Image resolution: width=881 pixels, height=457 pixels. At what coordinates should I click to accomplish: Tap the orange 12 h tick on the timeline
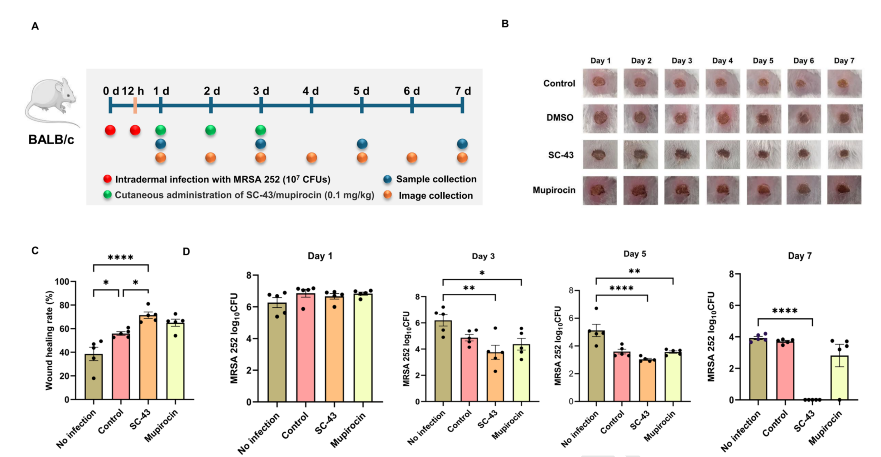coord(135,105)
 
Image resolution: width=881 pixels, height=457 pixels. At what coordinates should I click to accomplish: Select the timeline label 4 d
coord(311,91)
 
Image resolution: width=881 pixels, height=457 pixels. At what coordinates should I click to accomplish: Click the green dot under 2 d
coord(211,130)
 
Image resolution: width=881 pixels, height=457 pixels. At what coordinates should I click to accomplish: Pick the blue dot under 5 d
coord(362,144)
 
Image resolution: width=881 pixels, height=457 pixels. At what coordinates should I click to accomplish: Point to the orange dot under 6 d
coord(412,158)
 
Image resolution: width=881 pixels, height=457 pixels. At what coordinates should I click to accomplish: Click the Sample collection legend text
coord(436,179)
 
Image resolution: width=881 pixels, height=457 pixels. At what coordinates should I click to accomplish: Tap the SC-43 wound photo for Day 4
coord(723,155)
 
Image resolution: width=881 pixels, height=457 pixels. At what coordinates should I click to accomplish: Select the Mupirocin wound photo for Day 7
coord(845,190)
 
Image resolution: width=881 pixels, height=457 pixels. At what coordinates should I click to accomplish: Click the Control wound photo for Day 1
coord(600,83)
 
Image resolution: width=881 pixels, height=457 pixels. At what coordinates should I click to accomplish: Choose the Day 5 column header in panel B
coord(763,60)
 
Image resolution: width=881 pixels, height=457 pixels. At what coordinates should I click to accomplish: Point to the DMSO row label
coord(560,117)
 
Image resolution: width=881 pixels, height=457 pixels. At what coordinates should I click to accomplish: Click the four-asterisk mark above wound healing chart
coord(120,257)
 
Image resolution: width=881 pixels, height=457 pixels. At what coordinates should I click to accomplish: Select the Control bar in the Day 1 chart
coord(306,348)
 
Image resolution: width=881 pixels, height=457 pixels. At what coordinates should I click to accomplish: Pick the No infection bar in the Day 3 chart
coord(443,361)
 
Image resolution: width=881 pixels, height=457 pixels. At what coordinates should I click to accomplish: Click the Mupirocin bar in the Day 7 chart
coord(840,378)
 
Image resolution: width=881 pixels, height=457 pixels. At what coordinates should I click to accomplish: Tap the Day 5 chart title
coord(635,254)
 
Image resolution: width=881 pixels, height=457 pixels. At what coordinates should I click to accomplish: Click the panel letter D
coord(186,252)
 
